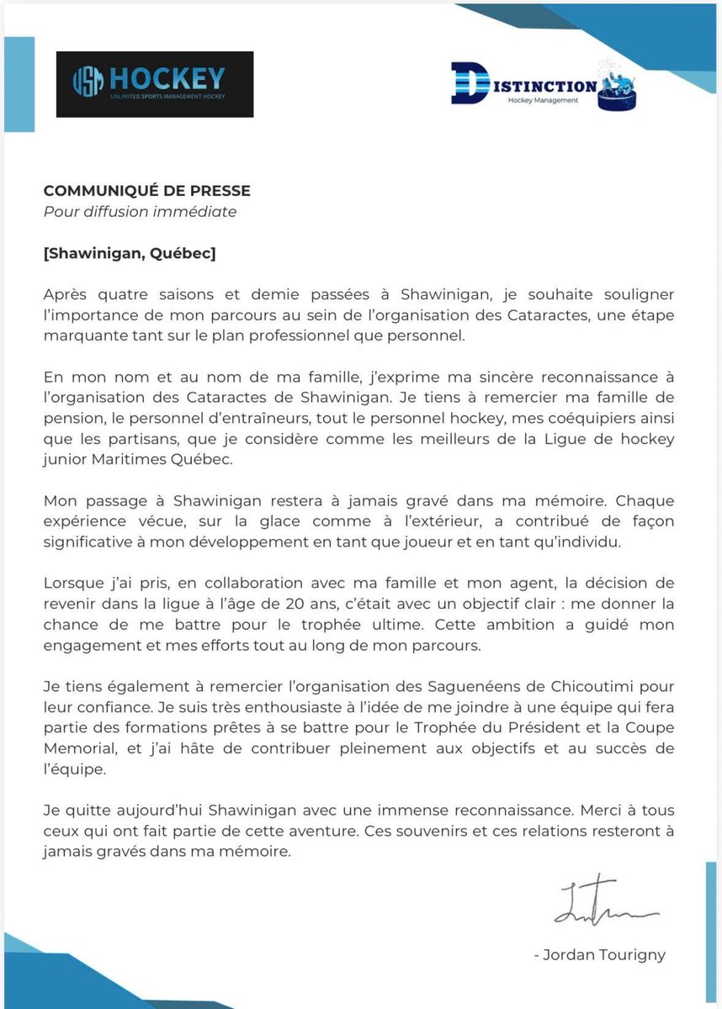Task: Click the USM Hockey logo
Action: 154,84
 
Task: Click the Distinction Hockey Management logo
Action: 543,84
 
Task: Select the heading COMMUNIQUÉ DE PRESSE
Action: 146,191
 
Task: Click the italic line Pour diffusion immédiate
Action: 140,212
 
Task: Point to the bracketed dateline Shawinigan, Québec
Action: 130,253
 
